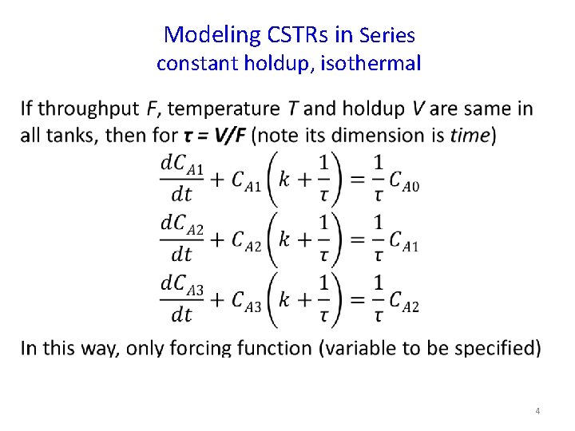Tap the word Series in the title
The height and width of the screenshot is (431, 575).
tap(387, 36)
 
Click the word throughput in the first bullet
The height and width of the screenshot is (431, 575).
tap(89, 109)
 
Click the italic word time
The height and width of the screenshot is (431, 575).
tap(469, 136)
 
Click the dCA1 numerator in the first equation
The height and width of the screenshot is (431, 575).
tap(182, 164)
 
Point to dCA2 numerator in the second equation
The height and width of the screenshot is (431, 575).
tap(182, 224)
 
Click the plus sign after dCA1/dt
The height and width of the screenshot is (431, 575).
tap(217, 179)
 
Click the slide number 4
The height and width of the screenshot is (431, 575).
tap(537, 411)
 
